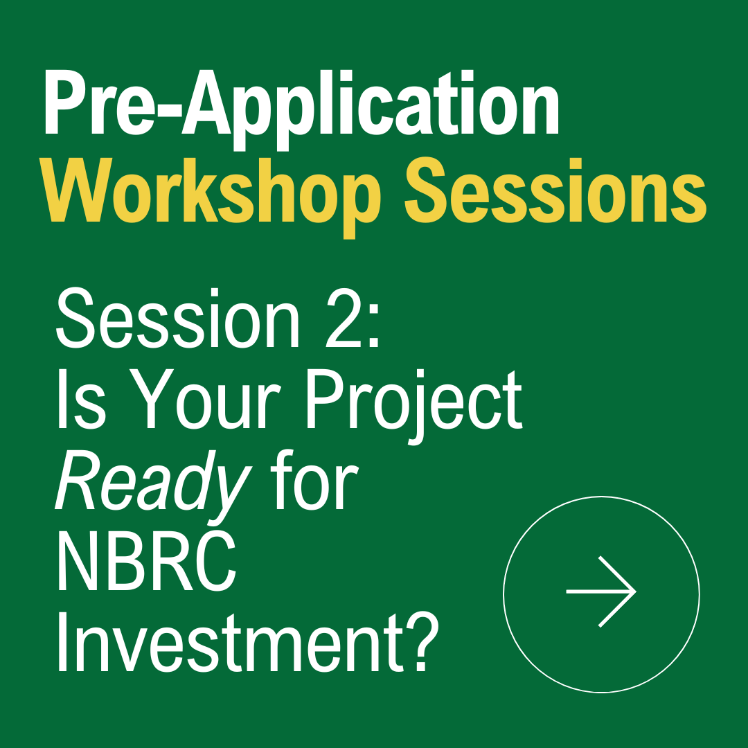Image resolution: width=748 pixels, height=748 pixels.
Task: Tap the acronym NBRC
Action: pyautogui.click(x=146, y=564)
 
